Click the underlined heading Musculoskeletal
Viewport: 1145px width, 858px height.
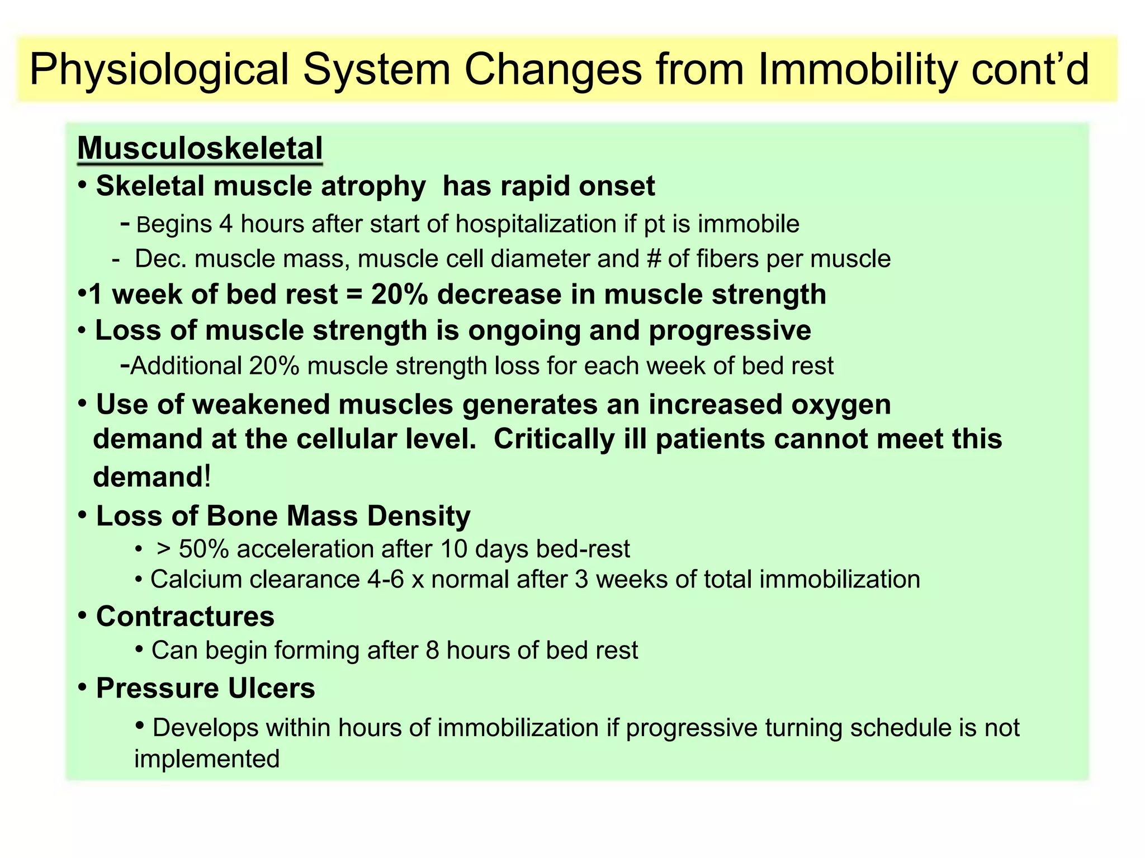click(200, 149)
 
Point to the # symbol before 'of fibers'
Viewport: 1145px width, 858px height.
click(653, 259)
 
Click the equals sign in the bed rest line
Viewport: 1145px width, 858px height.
click(354, 295)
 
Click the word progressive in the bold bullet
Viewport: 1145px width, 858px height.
click(730, 330)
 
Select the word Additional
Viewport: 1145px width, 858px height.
click(186, 366)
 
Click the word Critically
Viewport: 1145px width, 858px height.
click(554, 439)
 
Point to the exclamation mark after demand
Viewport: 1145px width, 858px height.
click(207, 477)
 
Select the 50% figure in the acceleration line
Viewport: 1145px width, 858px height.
click(204, 549)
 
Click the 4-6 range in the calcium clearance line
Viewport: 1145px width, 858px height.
click(385, 580)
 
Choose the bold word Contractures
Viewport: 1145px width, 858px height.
click(185, 617)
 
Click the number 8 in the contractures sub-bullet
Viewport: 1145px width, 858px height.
click(432, 651)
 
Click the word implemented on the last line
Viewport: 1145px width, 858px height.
click(207, 759)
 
